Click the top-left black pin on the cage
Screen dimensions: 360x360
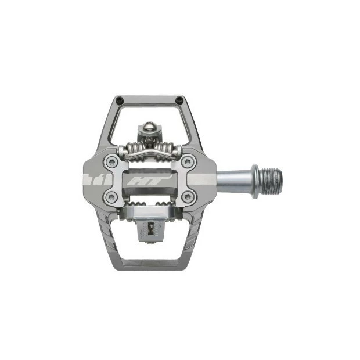tap(118, 99)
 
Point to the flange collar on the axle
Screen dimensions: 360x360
tap(254, 181)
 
